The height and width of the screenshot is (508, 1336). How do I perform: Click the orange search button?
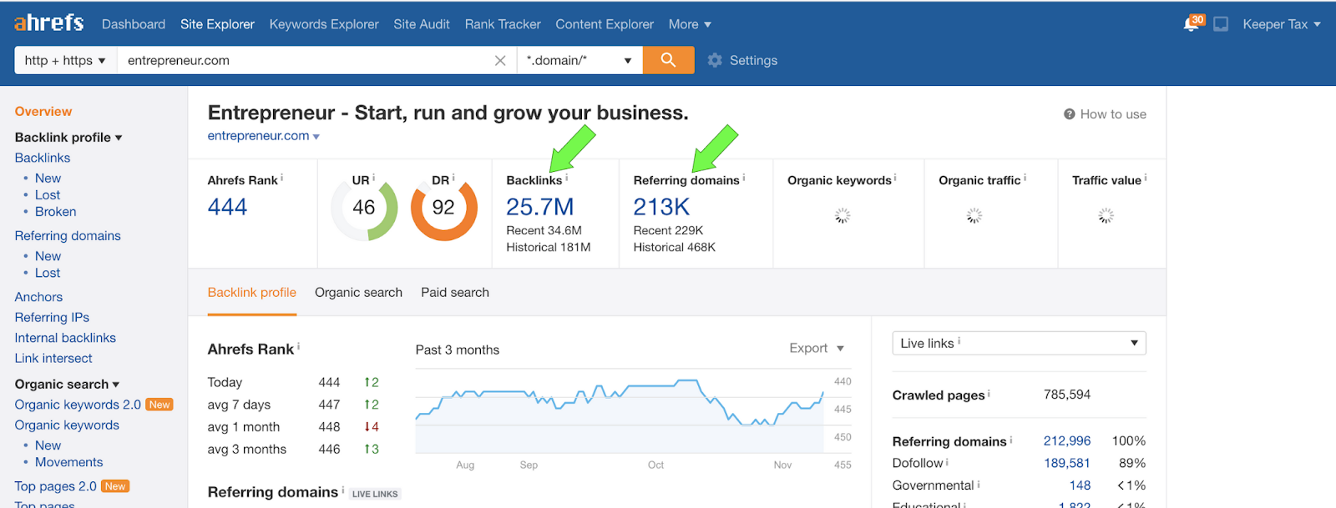[x=668, y=60]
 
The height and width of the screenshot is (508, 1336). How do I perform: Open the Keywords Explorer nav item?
[x=324, y=24]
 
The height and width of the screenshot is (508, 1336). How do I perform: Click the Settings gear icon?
[x=715, y=60]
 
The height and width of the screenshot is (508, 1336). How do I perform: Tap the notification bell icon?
[x=1191, y=24]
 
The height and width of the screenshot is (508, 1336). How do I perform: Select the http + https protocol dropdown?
[x=65, y=60]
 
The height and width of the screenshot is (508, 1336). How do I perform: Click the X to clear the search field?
[x=500, y=60]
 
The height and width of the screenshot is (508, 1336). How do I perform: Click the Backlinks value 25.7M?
[x=539, y=206]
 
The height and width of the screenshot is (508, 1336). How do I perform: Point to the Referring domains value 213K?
[x=661, y=206]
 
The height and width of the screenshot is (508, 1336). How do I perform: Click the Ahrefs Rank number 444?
[x=227, y=207]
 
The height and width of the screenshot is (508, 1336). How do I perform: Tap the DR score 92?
[x=443, y=208]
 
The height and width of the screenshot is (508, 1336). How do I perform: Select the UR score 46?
[x=364, y=208]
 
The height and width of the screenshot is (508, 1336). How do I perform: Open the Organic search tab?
[x=358, y=293]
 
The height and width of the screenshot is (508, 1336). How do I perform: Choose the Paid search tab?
[x=455, y=293]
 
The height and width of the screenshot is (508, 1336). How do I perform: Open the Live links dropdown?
[x=1019, y=343]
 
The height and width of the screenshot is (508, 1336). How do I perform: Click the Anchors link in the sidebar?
[x=38, y=297]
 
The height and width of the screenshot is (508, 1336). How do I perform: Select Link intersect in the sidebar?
[x=53, y=359]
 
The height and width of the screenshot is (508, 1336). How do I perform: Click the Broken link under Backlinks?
[x=55, y=212]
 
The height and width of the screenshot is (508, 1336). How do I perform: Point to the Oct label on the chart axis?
[x=655, y=465]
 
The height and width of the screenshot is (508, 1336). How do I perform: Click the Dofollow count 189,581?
[x=1066, y=463]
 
